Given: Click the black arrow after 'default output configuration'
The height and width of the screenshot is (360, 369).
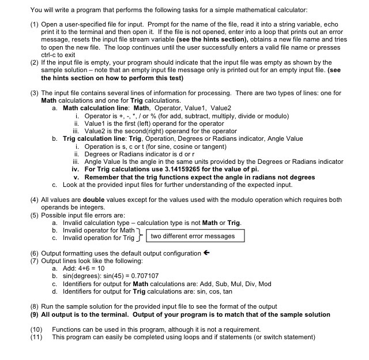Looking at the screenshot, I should click(x=206, y=253).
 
